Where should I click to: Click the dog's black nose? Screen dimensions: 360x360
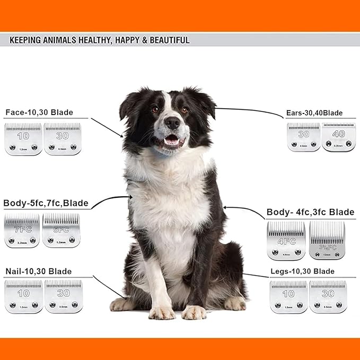[x=172, y=122]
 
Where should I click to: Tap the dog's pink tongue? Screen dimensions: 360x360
[x=171, y=141]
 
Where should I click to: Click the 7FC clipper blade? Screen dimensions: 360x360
[x=22, y=231]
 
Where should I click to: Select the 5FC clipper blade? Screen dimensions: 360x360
[x=61, y=230]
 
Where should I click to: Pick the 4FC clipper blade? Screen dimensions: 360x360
[x=286, y=241]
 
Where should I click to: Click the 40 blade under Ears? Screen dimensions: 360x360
[x=338, y=137]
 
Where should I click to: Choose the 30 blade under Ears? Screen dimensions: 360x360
[x=303, y=137]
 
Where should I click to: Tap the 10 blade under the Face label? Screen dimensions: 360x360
[x=23, y=139]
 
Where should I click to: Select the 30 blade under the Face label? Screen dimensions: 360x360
[x=63, y=139]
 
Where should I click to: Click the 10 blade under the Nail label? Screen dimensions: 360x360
[x=23, y=296]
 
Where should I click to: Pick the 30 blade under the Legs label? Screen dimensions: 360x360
[x=328, y=297]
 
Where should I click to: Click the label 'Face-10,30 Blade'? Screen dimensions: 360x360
[x=39, y=112]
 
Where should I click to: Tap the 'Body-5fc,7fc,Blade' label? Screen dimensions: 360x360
[x=46, y=203]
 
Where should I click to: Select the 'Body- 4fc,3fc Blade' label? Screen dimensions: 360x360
[x=310, y=212]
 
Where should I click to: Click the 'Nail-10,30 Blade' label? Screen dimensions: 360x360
[x=40, y=271]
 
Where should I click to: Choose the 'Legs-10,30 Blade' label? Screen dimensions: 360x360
[x=302, y=271]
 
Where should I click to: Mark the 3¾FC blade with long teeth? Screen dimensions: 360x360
[x=327, y=241]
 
